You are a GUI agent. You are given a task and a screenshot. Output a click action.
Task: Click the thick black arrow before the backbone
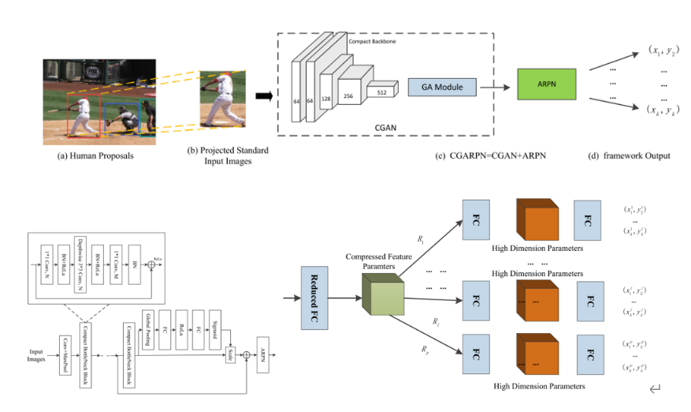pyautogui.click(x=263, y=97)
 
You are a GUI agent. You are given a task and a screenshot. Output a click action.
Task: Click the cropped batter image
pyautogui.click(x=221, y=97)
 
